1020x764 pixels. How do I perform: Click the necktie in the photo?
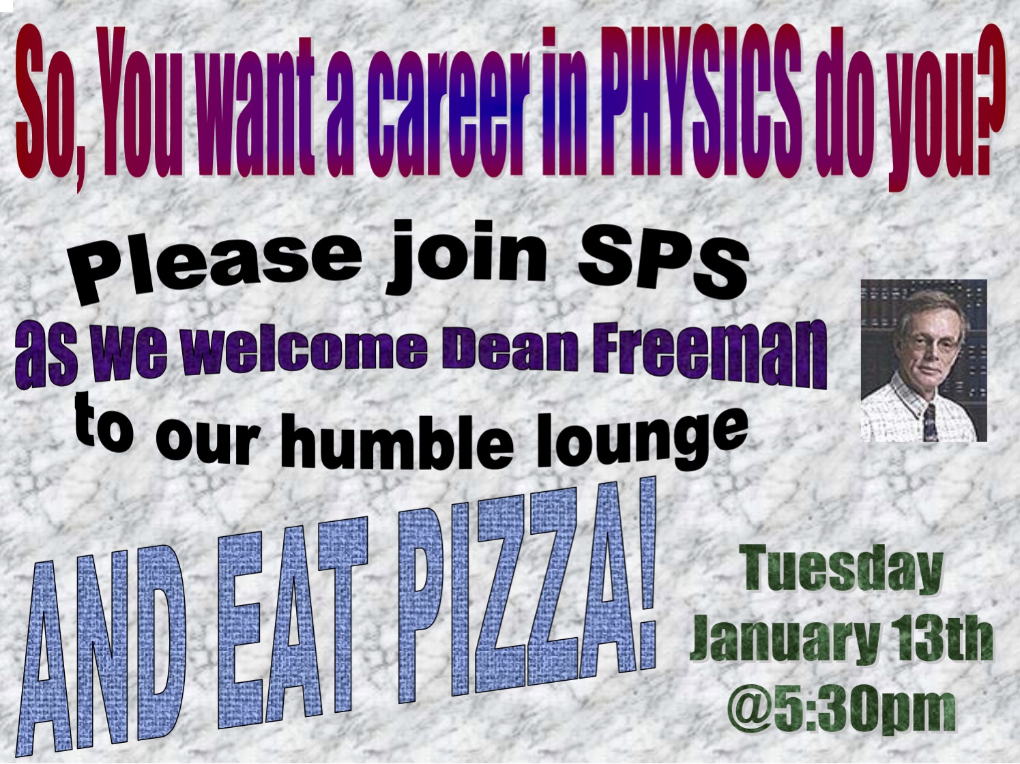929,423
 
